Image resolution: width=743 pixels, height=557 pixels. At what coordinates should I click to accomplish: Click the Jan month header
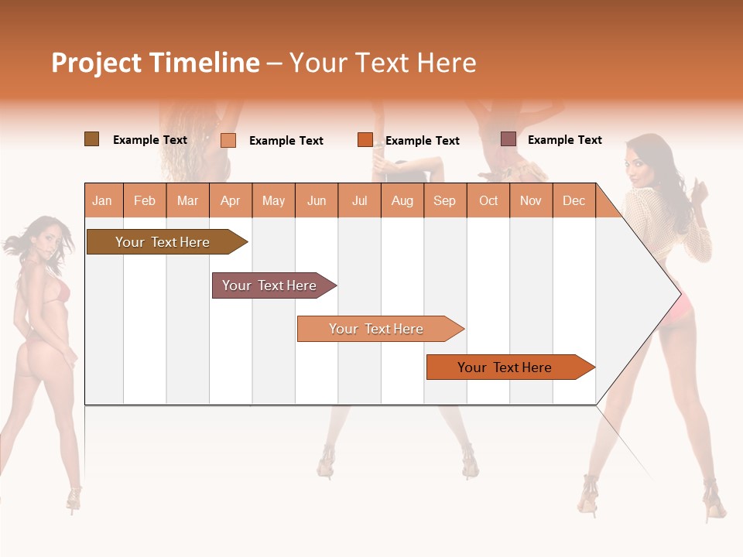tap(102, 200)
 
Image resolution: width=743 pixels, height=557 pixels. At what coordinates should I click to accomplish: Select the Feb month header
tap(145, 200)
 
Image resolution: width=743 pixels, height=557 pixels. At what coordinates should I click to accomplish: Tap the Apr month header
tap(231, 200)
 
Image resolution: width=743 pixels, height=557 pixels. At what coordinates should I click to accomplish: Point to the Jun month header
tap(317, 200)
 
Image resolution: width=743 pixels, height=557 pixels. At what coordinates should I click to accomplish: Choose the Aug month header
tap(402, 200)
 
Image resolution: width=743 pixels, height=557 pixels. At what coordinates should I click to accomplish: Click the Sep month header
tap(445, 200)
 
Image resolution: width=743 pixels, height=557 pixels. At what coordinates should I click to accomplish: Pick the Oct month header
tap(488, 200)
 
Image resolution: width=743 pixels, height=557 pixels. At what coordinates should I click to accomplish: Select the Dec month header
tap(574, 200)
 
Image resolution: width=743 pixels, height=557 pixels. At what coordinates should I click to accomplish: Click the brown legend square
tap(92, 139)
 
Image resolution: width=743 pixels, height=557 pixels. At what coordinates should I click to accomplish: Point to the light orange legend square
tap(228, 140)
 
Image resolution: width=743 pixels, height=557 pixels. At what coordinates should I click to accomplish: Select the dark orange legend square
tap(365, 140)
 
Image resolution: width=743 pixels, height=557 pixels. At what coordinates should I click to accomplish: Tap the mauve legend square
tap(508, 139)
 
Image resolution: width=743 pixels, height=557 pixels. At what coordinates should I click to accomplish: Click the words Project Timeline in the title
tap(155, 63)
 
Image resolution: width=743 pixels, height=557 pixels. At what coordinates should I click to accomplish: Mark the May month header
tap(273, 200)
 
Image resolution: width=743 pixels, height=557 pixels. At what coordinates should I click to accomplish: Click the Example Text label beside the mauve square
tap(564, 140)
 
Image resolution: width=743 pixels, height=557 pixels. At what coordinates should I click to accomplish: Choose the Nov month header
tap(531, 200)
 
